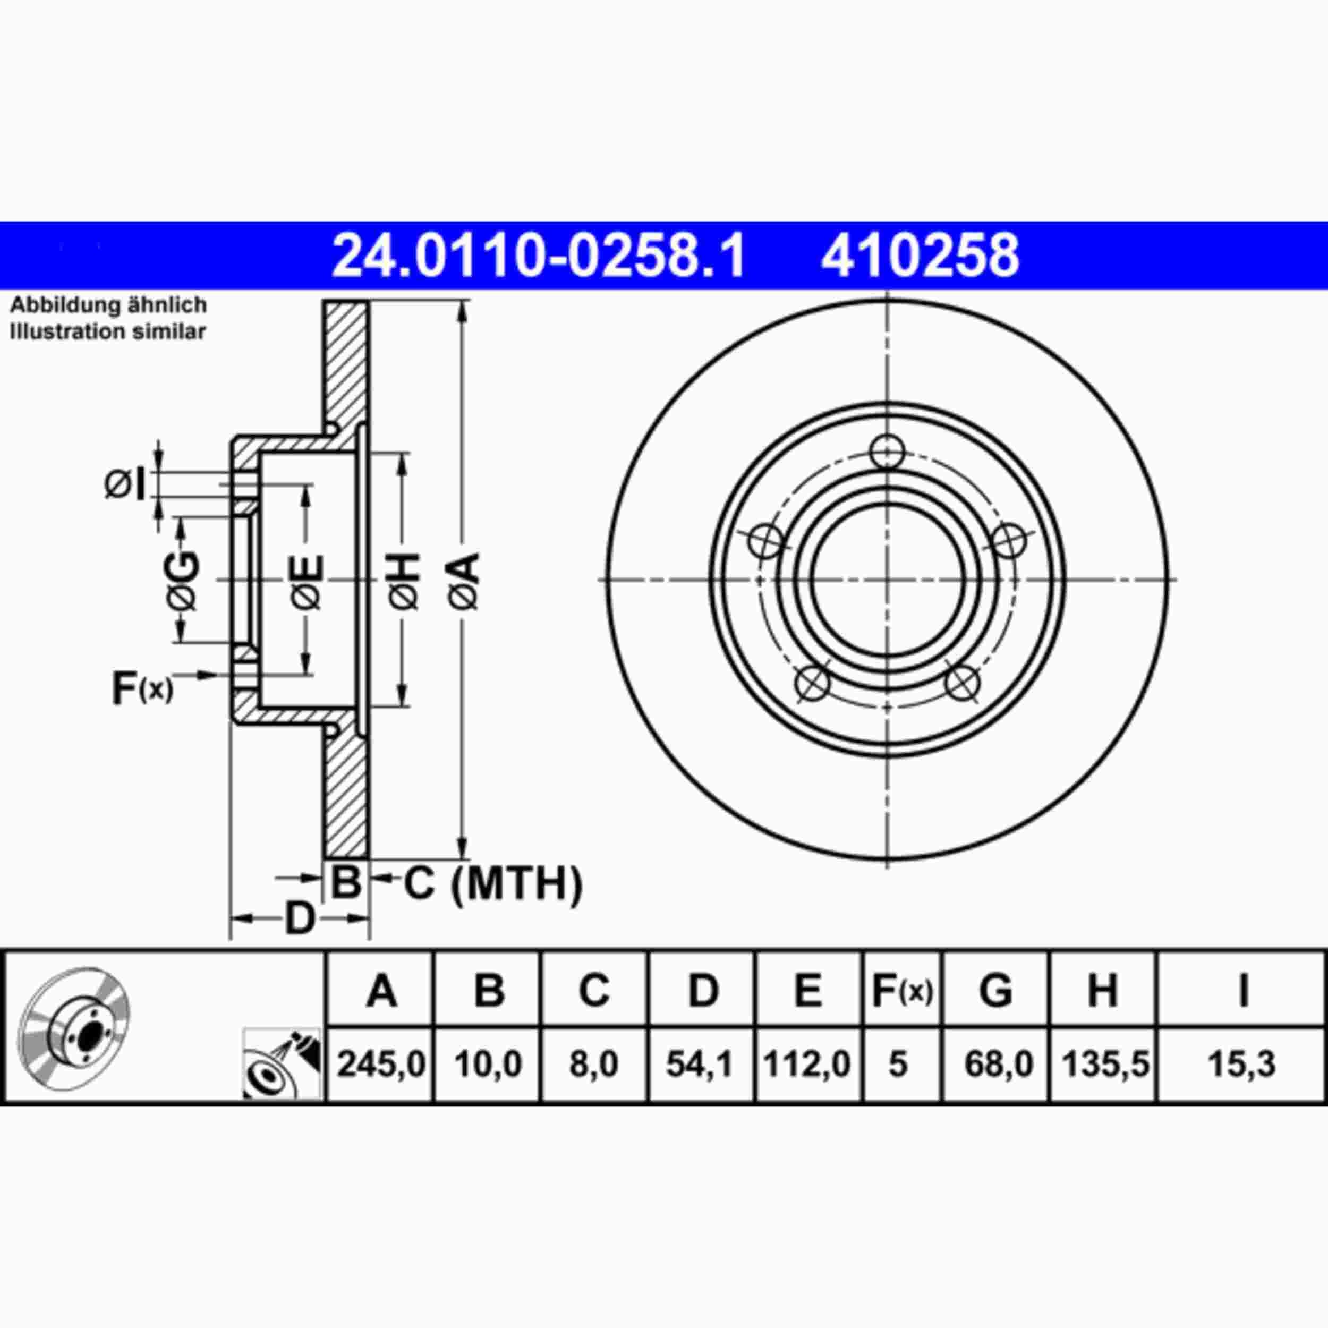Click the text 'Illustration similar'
pyautogui.click(x=107, y=332)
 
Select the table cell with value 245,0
pyautogui.click(x=381, y=1064)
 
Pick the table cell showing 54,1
pyautogui.click(x=701, y=1064)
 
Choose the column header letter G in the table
pyautogui.click(x=995, y=991)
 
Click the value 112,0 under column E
pyautogui.click(x=807, y=1064)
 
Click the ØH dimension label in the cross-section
pyautogui.click(x=404, y=580)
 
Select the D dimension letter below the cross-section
pyautogui.click(x=299, y=918)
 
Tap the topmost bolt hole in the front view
pyautogui.click(x=887, y=452)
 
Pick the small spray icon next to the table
pyautogui.click(x=282, y=1063)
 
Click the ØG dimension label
pyautogui.click(x=183, y=580)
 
